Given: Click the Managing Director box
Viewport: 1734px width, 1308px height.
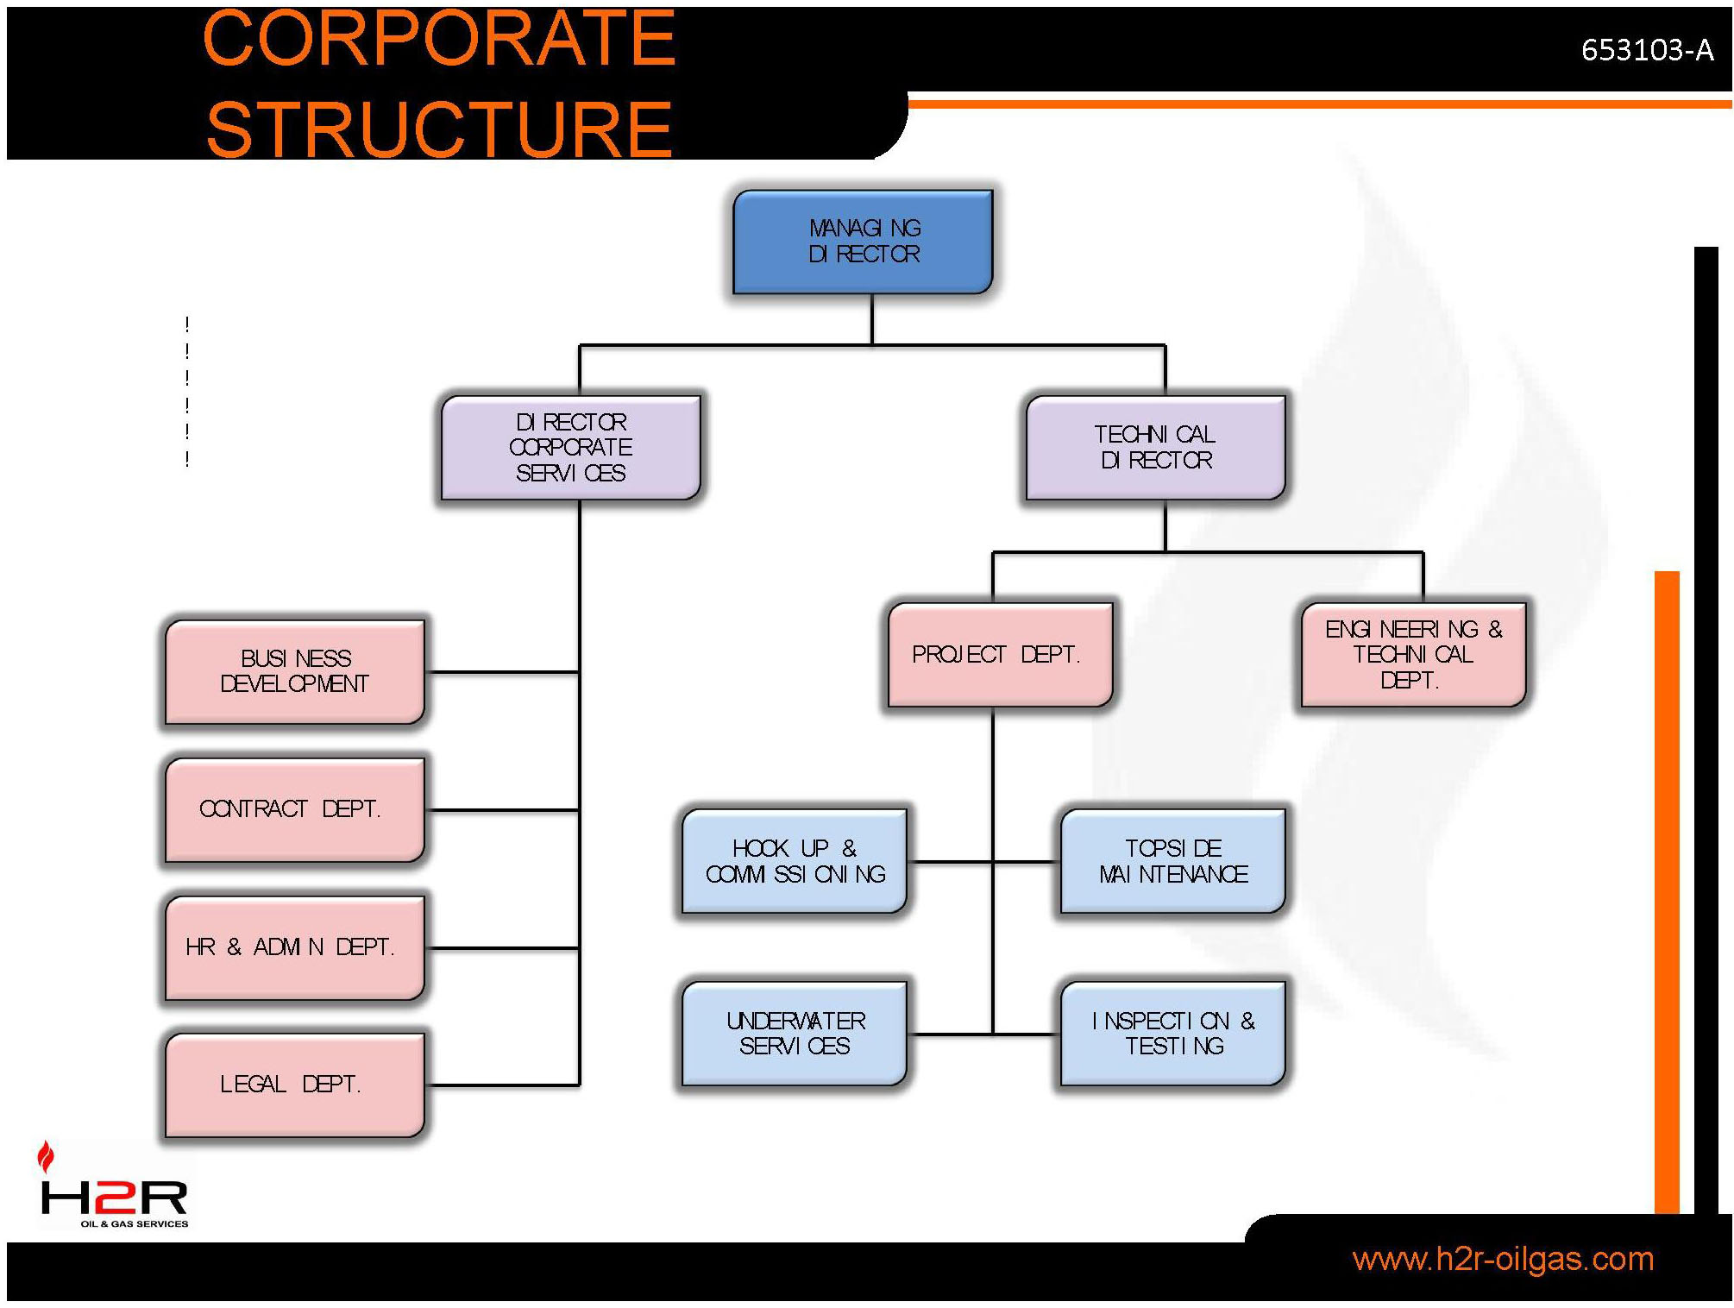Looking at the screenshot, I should click(x=863, y=242).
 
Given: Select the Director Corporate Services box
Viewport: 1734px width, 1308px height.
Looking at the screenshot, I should click(x=570, y=447).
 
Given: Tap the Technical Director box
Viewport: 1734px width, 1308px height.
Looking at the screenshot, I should click(x=1155, y=447).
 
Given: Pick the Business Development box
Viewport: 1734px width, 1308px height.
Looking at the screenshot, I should click(x=294, y=671).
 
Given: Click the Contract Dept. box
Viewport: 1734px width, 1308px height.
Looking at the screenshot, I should click(x=294, y=809).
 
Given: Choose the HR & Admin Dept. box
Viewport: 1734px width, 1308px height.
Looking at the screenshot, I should click(x=294, y=947).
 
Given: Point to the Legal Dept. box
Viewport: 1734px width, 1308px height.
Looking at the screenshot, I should click(x=294, y=1085).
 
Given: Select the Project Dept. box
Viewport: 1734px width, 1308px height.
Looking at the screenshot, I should click(x=1000, y=655).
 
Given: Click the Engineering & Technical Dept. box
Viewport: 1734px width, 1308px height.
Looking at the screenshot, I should click(x=1413, y=655).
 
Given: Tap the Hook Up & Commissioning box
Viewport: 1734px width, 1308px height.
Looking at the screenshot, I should click(x=794, y=861).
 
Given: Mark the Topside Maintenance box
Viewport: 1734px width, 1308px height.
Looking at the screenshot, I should click(x=1172, y=861).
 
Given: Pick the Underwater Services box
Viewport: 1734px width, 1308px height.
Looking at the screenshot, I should click(x=794, y=1033).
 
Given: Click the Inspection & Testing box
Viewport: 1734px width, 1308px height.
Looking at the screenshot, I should click(x=1172, y=1033).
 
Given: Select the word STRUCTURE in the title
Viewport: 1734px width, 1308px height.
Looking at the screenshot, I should click(x=438, y=129).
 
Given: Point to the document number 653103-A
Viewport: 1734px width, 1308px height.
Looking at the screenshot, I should click(x=1646, y=50).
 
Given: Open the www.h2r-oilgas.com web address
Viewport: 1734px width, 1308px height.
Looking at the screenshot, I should click(x=1502, y=1259).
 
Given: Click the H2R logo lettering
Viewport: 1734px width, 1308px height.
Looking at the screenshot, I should click(x=114, y=1198).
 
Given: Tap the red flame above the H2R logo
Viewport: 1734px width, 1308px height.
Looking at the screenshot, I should click(x=46, y=1156).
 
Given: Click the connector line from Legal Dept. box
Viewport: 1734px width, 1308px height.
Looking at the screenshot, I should click(x=502, y=1085).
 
